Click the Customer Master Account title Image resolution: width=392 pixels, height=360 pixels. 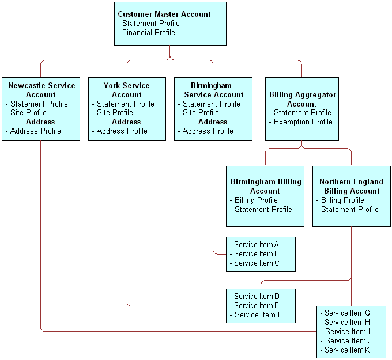(x=164, y=14)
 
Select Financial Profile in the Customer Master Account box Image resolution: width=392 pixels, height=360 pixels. (x=148, y=32)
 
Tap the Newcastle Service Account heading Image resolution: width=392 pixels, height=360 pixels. (x=41, y=90)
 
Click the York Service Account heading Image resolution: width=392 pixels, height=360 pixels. (x=126, y=90)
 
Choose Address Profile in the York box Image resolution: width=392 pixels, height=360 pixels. (x=122, y=131)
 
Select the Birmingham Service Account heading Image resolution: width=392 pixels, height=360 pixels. (x=213, y=90)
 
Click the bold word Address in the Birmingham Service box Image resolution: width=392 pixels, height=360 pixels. (x=213, y=122)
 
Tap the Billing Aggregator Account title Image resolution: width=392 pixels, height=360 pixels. (x=302, y=99)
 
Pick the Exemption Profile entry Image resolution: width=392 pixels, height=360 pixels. (x=303, y=122)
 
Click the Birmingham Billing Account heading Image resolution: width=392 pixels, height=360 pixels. (x=265, y=186)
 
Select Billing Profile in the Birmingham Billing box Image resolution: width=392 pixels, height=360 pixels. (x=255, y=200)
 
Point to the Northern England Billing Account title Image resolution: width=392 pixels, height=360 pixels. (x=351, y=186)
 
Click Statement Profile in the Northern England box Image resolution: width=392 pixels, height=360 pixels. (x=349, y=209)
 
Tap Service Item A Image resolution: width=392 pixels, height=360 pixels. (x=256, y=244)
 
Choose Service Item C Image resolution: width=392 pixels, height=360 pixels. (x=256, y=263)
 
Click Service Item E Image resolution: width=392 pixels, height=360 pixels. (x=256, y=305)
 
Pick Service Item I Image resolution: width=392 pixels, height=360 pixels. (x=346, y=331)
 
